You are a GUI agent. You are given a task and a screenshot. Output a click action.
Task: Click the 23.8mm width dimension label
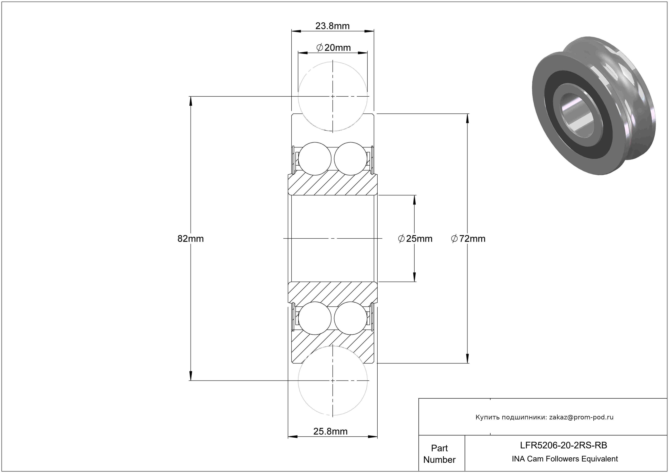332,26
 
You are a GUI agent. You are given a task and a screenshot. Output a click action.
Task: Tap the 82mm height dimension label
191,239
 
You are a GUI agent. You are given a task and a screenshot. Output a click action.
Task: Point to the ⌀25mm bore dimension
415,239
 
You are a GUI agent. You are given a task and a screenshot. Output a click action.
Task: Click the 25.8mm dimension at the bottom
330,431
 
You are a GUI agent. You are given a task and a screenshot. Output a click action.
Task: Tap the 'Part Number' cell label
439,454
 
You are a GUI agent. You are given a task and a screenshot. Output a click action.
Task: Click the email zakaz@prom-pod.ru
581,417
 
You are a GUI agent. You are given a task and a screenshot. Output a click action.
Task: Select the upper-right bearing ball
350,159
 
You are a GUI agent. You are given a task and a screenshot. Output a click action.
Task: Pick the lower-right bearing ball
350,318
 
